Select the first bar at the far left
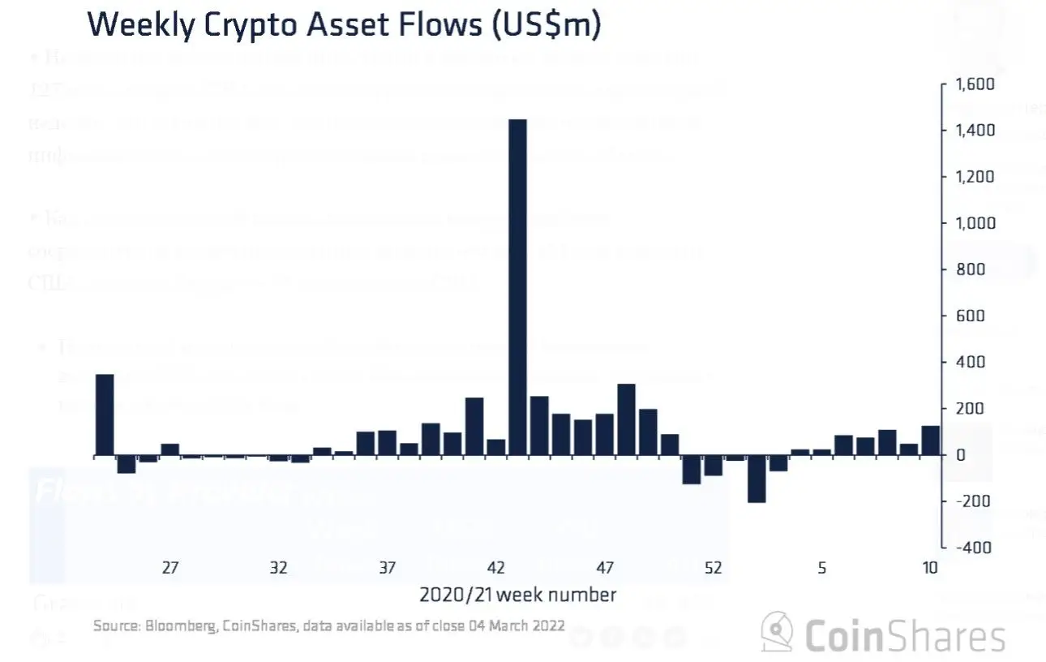[x=105, y=415]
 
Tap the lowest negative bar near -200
[x=757, y=479]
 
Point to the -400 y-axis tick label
[x=973, y=548]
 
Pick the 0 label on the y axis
[x=961, y=455]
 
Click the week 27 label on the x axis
[x=169, y=568]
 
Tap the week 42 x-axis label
[x=496, y=568]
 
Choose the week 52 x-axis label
[x=714, y=568]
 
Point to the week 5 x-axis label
[x=822, y=568]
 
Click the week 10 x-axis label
[x=930, y=568]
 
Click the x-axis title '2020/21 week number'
[x=517, y=595]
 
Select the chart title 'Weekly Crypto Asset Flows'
[x=344, y=25]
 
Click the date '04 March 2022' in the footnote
[x=515, y=625]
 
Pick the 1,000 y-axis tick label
[x=971, y=223]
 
